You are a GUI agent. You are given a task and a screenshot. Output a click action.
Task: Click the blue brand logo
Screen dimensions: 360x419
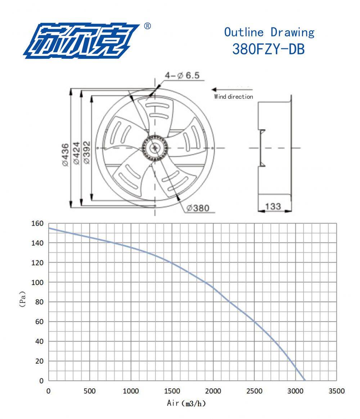81,41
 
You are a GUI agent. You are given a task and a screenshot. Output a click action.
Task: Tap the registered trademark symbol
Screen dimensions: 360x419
147,26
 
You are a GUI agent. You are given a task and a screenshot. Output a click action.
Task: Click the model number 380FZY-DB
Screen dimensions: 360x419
269,49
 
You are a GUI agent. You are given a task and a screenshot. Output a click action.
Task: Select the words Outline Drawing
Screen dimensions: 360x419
269,32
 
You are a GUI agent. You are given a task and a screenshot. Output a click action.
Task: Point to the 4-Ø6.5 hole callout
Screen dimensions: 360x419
182,75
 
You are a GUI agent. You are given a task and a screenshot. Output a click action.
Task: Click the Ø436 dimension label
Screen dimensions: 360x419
66,155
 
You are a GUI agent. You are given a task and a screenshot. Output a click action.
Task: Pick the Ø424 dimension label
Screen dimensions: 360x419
76,153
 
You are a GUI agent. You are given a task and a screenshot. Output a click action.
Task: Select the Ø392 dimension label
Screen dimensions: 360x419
87,152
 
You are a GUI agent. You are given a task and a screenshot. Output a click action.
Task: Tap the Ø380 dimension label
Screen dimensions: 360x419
198,208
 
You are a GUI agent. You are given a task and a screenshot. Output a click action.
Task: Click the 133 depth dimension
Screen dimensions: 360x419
273,206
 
